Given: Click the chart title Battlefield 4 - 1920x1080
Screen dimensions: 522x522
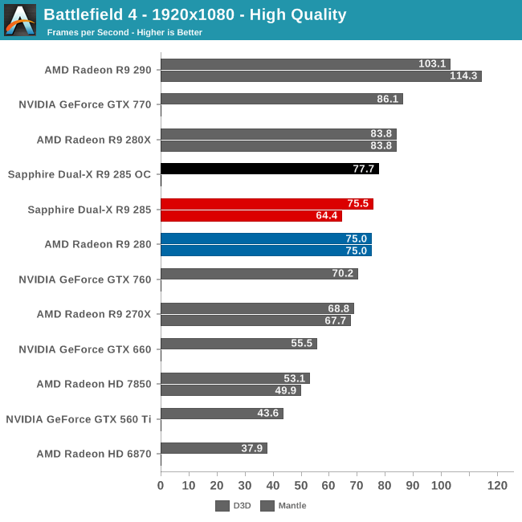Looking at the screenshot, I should [x=195, y=14].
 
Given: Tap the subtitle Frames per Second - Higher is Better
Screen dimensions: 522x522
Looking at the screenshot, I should [x=124, y=33].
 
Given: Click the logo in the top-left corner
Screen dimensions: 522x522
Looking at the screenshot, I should [x=20, y=20].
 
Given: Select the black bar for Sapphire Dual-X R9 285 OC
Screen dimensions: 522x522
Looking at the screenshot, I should [x=269, y=169].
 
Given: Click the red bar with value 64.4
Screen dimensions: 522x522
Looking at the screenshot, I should [x=251, y=215].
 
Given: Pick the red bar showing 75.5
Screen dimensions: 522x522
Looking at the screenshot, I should [x=267, y=203].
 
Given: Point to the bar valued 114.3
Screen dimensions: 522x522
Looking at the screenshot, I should [x=320, y=75].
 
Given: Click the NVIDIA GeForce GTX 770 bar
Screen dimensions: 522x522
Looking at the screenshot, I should [x=281, y=99].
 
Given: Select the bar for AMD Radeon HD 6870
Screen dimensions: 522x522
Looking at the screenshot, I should [x=214, y=448].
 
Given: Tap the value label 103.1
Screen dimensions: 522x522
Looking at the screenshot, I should [x=432, y=64].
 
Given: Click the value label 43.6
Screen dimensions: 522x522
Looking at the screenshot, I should [x=267, y=414].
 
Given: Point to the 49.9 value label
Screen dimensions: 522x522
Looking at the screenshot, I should [x=286, y=390].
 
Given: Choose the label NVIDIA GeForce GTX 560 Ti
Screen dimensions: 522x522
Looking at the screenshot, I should [x=78, y=418].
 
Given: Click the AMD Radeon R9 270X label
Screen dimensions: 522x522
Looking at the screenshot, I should [x=93, y=314].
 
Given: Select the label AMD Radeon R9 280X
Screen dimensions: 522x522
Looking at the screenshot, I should [x=93, y=140].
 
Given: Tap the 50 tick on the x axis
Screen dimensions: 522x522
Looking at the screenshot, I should [x=301, y=486].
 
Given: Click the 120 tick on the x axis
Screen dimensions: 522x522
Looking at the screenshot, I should [x=497, y=486].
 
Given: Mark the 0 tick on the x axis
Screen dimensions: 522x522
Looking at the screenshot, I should [x=161, y=486].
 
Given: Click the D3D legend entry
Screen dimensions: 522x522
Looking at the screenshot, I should [x=233, y=506].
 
